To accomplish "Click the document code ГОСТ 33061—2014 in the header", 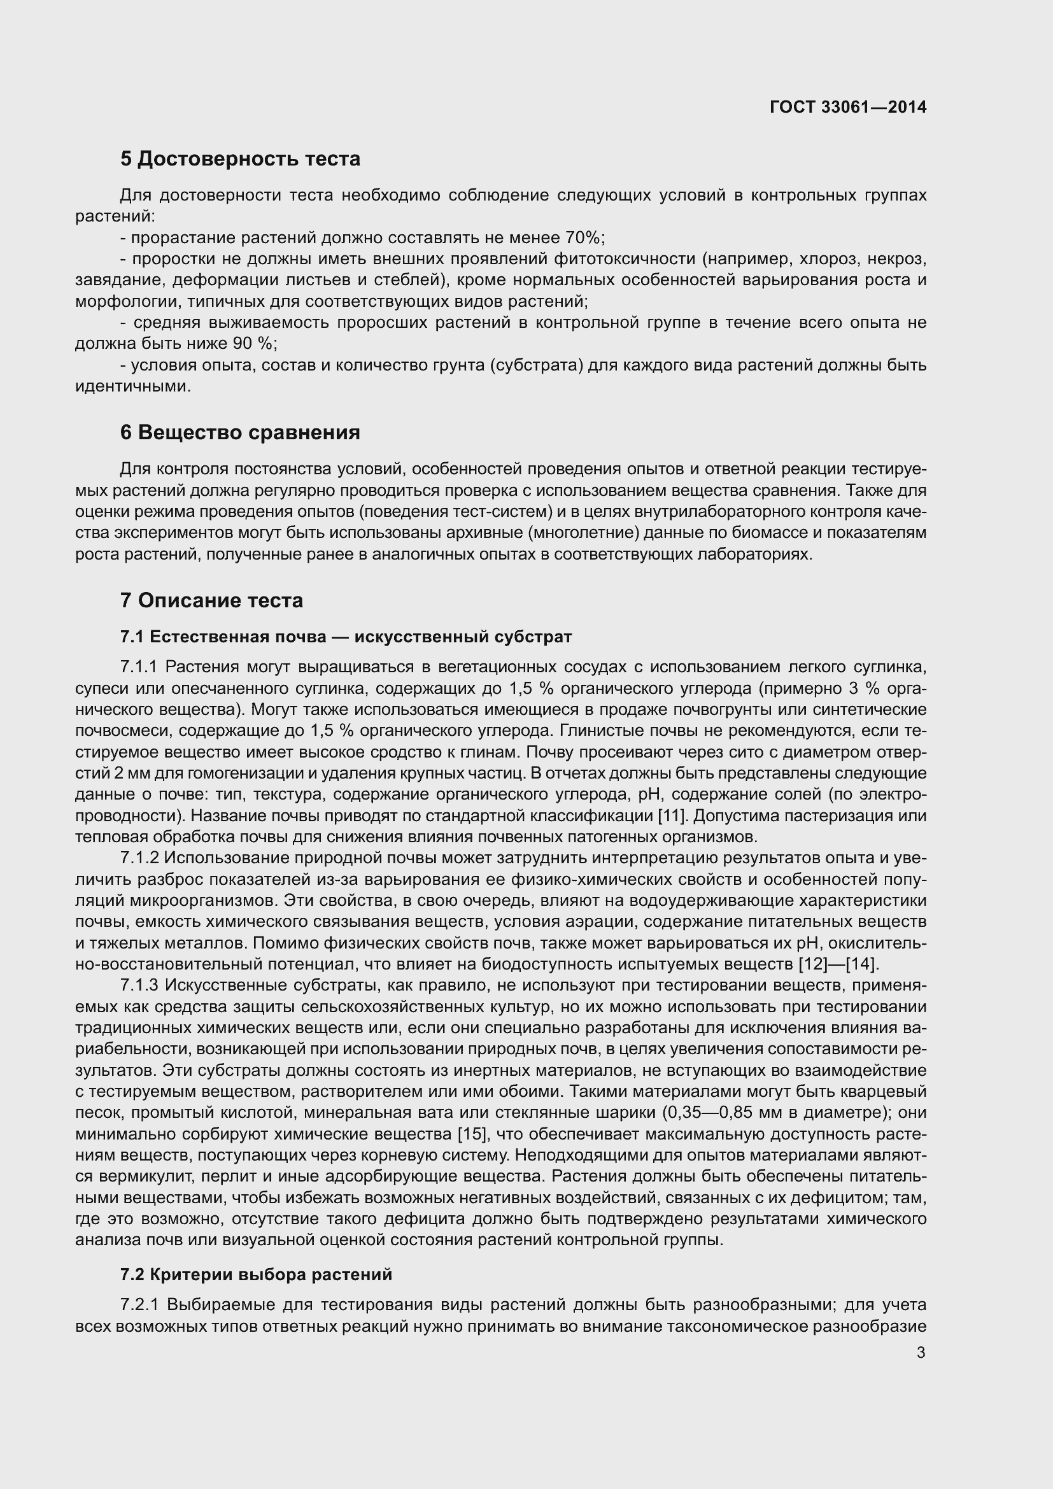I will tap(847, 107).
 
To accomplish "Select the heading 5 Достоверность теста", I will tap(240, 159).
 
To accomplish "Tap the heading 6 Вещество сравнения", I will tap(240, 432).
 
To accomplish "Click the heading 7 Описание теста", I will tap(211, 600).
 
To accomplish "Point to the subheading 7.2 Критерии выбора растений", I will tap(256, 1274).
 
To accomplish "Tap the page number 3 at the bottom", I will tap(921, 1353).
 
